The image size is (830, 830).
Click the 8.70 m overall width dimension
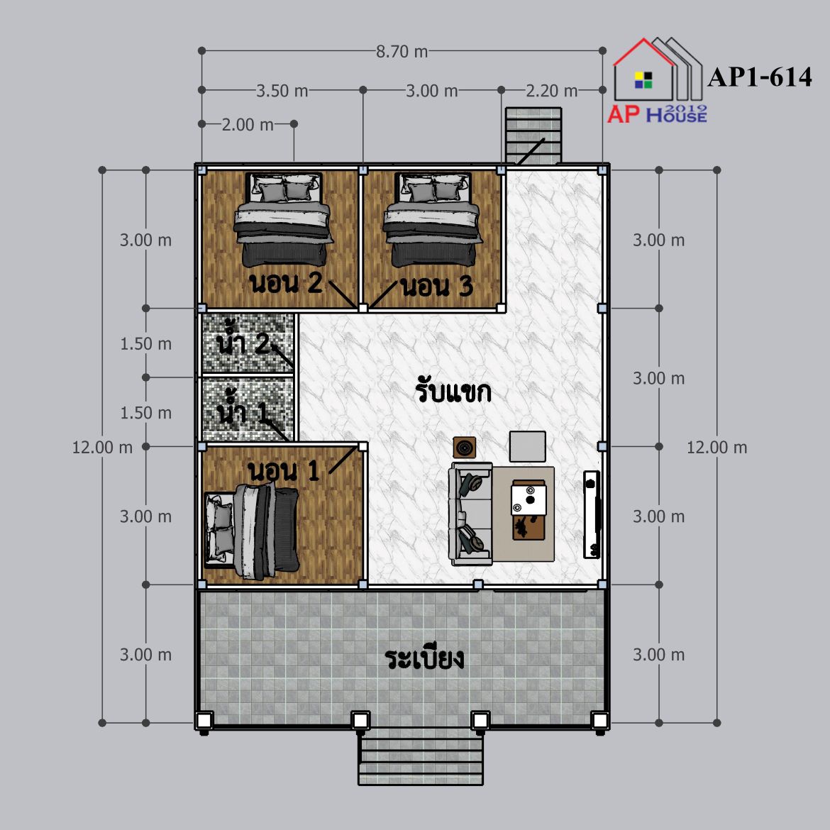(402, 51)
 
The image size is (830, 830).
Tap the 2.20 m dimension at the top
(552, 91)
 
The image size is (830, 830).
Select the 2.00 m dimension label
(248, 125)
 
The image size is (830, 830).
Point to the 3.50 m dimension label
(282, 91)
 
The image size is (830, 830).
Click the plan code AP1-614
(760, 77)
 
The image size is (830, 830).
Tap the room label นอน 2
(286, 283)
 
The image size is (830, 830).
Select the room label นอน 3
(437, 287)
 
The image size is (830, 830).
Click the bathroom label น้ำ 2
(243, 341)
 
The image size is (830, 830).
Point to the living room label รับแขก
(453, 391)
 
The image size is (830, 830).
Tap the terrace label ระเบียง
(424, 658)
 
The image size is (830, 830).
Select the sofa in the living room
(470, 514)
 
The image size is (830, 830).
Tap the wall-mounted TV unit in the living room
(592, 514)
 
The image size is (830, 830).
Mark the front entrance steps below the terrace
(421, 757)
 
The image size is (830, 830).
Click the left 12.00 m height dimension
(102, 448)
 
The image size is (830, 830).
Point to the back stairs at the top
(533, 135)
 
